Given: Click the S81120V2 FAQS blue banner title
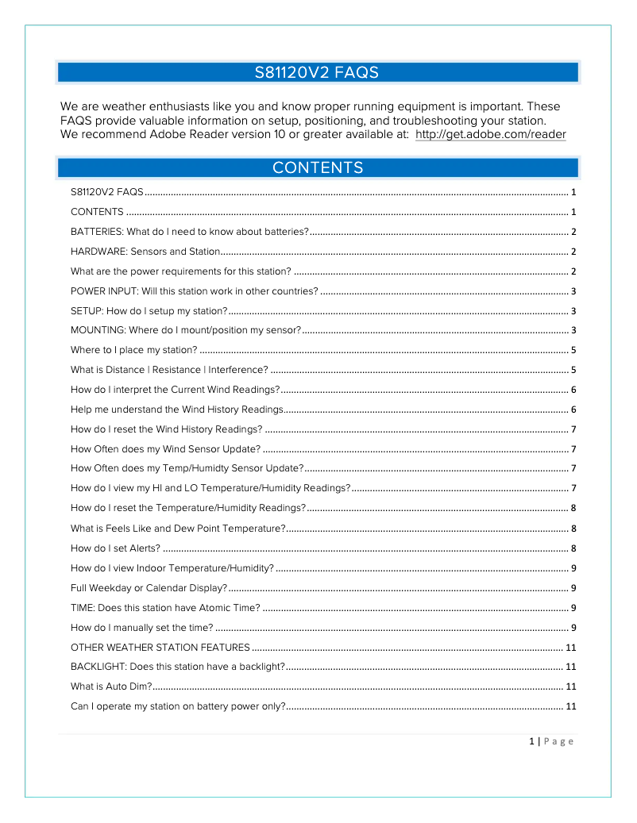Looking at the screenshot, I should tap(317, 73).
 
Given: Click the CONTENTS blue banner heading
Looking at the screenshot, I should tap(317, 167).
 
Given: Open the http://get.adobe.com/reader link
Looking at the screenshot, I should tap(490, 135).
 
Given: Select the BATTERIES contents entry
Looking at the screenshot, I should tap(189, 232).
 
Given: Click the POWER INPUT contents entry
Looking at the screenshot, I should tap(194, 291).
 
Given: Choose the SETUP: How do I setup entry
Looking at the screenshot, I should tap(149, 310).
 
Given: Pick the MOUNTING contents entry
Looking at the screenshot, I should tap(185, 330).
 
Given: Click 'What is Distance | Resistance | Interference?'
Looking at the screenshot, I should tap(168, 370).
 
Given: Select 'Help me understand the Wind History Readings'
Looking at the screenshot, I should tap(176, 410).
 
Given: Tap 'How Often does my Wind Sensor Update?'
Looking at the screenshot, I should tap(165, 449).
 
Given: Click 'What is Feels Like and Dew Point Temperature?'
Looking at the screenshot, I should tap(178, 529).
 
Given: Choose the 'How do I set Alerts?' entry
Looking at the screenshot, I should tap(115, 548).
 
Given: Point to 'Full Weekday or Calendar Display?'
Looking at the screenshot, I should tap(149, 588).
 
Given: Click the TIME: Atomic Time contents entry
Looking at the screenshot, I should tap(165, 608).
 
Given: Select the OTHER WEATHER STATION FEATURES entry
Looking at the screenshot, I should tap(160, 648).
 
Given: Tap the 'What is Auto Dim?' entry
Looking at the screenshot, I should tap(111, 686).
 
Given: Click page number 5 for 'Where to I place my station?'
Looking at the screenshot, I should tap(573, 350).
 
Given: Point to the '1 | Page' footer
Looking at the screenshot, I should tap(550, 741).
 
